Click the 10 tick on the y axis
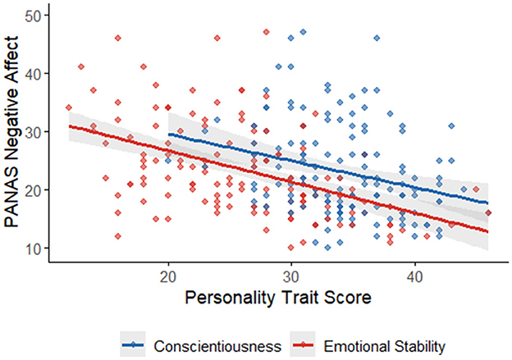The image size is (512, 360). pos(36,248)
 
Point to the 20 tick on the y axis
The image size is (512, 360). pos(36,189)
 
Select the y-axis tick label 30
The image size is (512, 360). pos(36,131)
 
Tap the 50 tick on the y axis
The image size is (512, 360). pos(36,15)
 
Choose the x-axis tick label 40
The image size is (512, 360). pos(414,277)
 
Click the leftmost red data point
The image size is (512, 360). pos(69,107)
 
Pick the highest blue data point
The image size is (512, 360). pos(303,32)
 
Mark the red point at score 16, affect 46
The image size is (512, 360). pos(118,38)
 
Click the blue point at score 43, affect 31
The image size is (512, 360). pos(451,125)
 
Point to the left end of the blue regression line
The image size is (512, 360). pos(168,134)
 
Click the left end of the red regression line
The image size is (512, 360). pos(69,126)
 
